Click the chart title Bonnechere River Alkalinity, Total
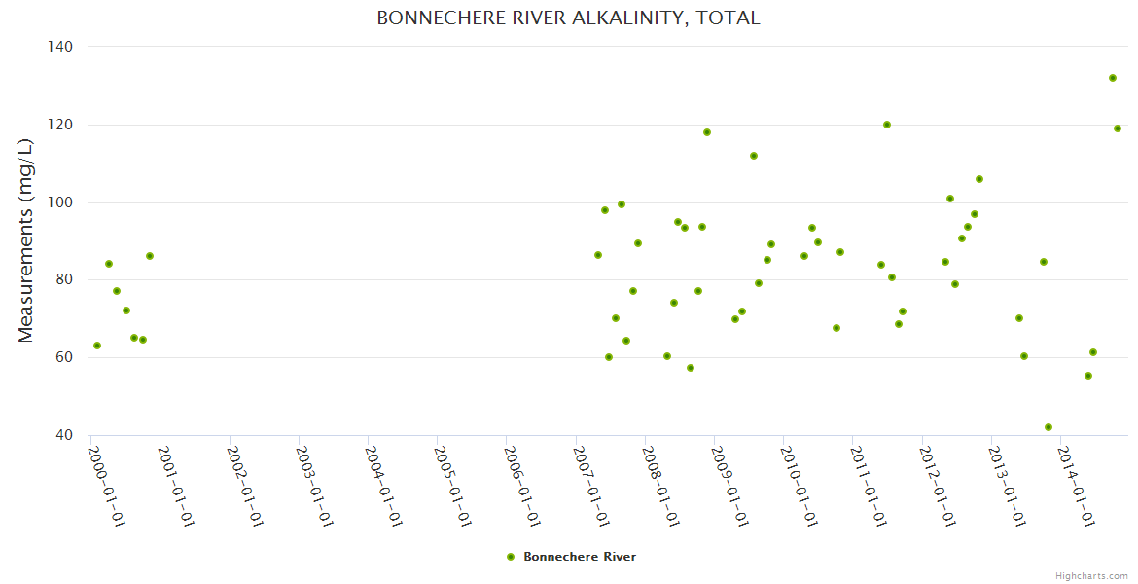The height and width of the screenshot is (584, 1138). coord(568,18)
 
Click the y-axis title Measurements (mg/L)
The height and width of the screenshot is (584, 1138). coord(26,240)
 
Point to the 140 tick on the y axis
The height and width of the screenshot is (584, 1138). coord(61,46)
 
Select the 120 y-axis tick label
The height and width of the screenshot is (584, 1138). coord(61,125)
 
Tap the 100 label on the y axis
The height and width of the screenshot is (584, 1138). coord(61,202)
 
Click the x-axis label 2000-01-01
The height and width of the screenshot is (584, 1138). coord(107,487)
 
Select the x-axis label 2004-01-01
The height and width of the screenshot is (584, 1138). coord(384,487)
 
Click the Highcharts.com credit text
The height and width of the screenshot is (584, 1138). coord(1091,575)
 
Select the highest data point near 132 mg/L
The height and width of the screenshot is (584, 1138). coord(1112,78)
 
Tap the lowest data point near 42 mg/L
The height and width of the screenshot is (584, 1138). coord(1048,427)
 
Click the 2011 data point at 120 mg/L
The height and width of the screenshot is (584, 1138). coord(886,125)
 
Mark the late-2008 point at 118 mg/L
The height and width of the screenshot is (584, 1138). coord(707,132)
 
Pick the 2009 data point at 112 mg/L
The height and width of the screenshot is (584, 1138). coord(753,156)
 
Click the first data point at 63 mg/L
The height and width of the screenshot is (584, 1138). coord(97,346)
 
